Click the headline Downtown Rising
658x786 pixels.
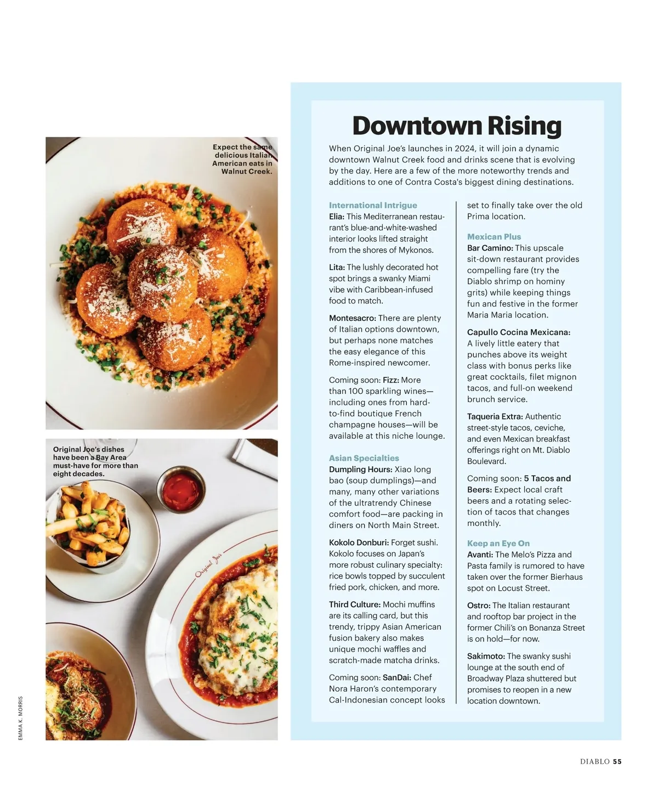[x=457, y=126]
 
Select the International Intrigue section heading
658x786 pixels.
[x=373, y=205]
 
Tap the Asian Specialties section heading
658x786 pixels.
[x=364, y=458]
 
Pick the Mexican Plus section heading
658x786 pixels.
[x=494, y=237]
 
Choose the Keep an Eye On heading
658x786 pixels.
[x=498, y=544]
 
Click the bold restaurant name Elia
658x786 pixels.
[x=336, y=217]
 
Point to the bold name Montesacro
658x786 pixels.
[x=352, y=318]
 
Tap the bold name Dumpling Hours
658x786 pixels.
[x=360, y=470]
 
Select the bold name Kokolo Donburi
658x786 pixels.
[x=359, y=542]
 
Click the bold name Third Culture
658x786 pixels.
[x=354, y=604]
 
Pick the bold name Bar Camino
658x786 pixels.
[x=490, y=248]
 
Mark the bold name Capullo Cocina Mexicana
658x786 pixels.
[x=519, y=332]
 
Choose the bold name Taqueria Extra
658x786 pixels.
[x=495, y=417]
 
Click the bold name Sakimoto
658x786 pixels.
[x=486, y=657]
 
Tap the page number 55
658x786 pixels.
[x=617, y=761]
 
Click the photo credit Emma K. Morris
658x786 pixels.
[x=21, y=718]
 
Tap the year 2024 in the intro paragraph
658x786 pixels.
[x=464, y=149]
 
